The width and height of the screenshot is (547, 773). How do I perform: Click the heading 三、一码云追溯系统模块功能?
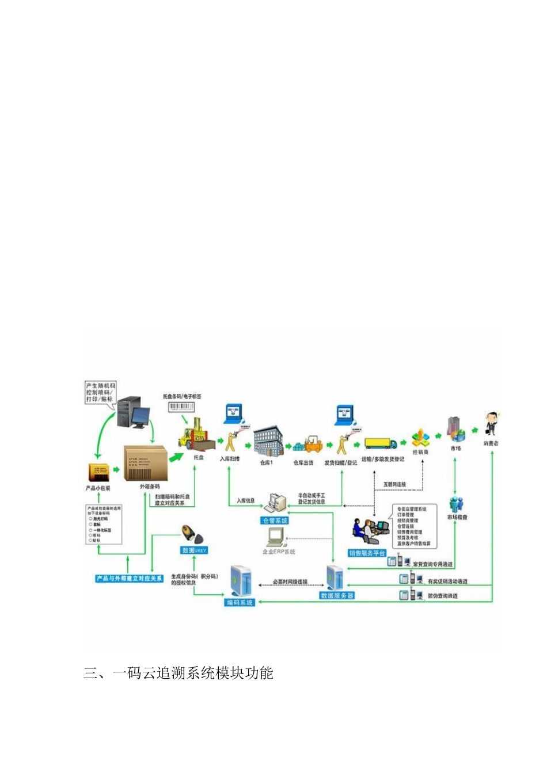click(178, 672)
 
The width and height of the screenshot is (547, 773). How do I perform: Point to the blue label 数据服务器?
click(337, 596)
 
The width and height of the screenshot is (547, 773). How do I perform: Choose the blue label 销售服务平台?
click(367, 553)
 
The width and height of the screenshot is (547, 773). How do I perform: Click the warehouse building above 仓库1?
click(268, 442)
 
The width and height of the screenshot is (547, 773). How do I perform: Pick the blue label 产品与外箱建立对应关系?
click(130, 578)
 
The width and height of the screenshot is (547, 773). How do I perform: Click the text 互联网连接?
click(394, 484)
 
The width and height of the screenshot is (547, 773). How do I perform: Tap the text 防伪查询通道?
click(442, 596)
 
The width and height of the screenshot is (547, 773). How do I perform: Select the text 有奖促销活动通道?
click(447, 581)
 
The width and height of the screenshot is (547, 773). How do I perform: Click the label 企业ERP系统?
click(279, 552)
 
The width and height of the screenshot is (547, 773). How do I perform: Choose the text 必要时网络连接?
click(290, 582)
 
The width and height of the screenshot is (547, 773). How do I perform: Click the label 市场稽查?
click(458, 517)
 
